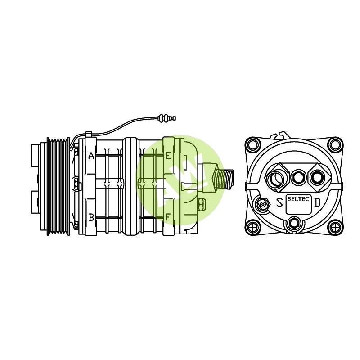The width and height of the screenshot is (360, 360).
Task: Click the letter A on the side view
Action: (x=91, y=156)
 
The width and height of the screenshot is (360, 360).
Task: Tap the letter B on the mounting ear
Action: (x=91, y=217)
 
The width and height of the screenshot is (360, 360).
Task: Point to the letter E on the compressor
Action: (x=168, y=156)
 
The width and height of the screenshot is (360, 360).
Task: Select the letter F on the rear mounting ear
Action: (x=168, y=217)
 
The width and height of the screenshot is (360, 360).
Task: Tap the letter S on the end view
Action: (x=279, y=202)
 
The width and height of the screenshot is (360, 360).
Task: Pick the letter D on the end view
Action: (x=317, y=202)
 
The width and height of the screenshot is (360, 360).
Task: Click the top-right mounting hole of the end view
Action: (x=334, y=145)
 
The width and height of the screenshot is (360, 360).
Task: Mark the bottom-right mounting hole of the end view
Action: (x=334, y=227)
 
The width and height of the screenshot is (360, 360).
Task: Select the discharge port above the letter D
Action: (x=316, y=177)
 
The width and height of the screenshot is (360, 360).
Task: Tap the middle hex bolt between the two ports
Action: (x=297, y=177)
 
